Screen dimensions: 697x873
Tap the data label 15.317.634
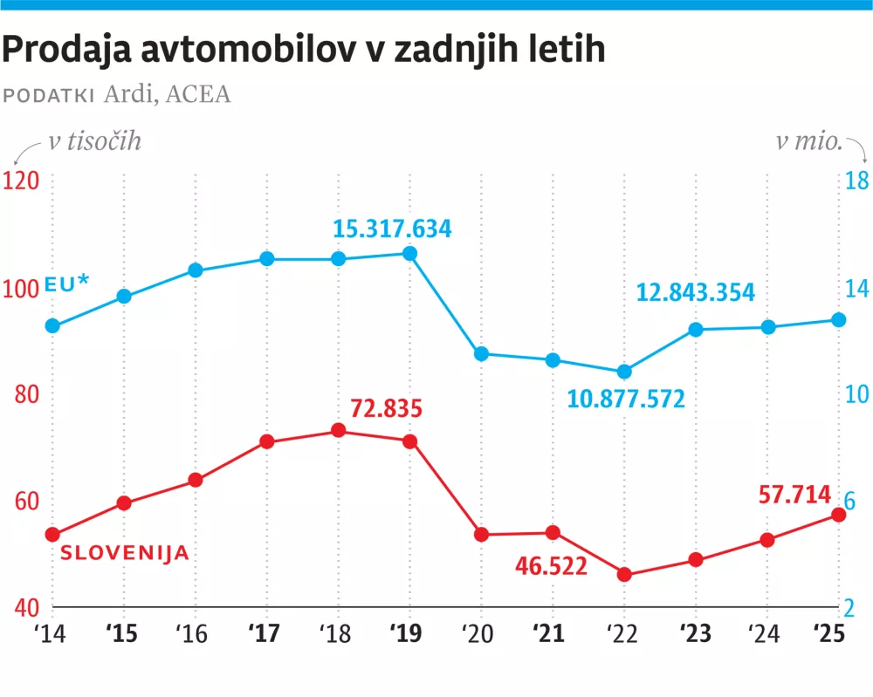coord(392,230)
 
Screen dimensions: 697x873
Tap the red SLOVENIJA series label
coord(124,553)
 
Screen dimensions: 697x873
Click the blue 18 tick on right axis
coord(856,181)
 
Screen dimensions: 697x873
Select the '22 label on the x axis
coord(623,634)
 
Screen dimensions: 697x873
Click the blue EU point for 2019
coord(409,253)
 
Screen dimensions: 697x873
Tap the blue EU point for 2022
coord(624,372)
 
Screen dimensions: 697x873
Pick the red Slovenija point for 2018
coord(339,431)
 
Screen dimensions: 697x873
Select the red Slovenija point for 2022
coord(624,575)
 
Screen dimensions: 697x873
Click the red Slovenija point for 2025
coord(838,515)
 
